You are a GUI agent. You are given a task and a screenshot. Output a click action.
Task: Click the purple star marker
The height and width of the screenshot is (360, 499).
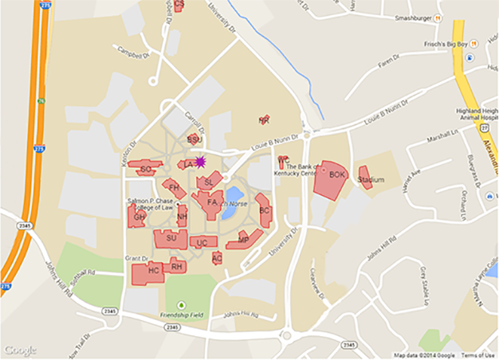coord(201,162)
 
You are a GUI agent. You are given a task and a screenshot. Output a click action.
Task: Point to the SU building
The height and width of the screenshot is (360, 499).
coord(170,237)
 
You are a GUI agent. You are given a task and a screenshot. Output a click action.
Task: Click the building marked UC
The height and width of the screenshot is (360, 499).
coord(203,242)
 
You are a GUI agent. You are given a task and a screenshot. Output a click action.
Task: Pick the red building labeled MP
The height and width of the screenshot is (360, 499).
coord(243,240)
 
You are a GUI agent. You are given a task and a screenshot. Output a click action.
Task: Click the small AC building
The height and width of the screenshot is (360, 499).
coord(217,258)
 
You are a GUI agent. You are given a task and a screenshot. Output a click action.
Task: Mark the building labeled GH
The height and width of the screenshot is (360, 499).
coord(139,217)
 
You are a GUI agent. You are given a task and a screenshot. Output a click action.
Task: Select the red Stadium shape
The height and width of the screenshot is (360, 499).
coord(366,178)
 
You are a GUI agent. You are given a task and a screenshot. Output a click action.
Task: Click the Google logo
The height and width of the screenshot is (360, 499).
coord(21,350)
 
